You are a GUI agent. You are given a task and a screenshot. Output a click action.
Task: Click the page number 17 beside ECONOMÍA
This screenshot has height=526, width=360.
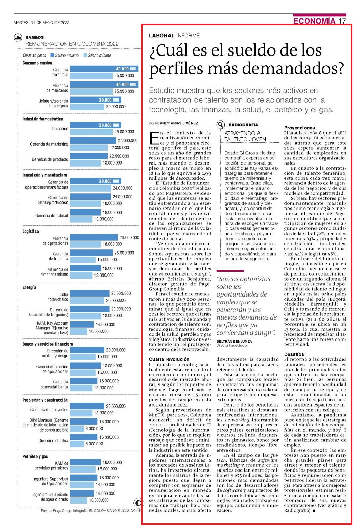342,21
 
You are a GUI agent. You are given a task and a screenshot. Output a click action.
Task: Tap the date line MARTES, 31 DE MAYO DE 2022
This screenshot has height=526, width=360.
41,23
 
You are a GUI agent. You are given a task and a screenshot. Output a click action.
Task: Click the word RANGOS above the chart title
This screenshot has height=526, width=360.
35,37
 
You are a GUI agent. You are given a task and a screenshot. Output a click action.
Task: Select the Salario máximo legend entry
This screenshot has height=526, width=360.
65,56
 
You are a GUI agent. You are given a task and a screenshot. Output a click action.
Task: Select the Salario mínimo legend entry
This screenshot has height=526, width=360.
97,56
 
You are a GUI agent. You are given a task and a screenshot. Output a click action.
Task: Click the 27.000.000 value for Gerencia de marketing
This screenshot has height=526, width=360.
128,140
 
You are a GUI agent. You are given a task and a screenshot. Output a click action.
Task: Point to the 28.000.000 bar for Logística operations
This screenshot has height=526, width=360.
94,237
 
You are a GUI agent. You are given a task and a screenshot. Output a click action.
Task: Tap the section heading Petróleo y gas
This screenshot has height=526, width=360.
35,456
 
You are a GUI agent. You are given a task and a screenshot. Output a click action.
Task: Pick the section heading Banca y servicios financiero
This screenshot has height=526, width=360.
48,344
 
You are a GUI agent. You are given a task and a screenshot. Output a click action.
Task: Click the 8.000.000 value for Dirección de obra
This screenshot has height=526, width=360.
94,444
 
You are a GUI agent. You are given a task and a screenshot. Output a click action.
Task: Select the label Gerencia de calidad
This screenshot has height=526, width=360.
52,216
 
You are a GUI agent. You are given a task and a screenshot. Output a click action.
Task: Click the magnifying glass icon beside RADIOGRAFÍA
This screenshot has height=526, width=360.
220,125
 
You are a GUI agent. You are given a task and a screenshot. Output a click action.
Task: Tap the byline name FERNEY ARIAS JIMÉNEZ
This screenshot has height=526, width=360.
177,123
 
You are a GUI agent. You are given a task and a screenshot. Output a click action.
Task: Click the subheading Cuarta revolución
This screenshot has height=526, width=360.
169,359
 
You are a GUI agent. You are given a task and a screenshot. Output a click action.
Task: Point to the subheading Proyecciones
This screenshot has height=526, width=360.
299,128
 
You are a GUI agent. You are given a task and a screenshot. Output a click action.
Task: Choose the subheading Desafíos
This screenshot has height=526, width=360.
294,354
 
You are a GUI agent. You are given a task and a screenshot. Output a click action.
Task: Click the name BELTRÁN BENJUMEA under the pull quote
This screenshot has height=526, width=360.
234,341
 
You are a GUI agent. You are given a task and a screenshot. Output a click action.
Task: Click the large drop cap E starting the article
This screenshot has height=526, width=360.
154,138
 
